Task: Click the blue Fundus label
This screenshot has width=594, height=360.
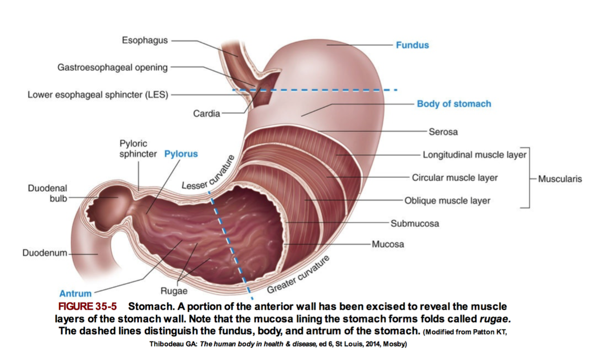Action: tap(412, 45)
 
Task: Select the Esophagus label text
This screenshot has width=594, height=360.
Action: tap(145, 41)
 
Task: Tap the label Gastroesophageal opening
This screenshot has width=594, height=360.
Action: tap(113, 68)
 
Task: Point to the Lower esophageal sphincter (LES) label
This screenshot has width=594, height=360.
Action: tap(98, 95)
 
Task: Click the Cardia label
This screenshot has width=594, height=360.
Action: tap(207, 114)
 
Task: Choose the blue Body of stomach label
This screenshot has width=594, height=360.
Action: tap(454, 104)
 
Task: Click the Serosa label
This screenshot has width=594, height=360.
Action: tap(443, 132)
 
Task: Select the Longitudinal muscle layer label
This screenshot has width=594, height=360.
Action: tap(475, 155)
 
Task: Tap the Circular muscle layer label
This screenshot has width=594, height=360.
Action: tap(455, 178)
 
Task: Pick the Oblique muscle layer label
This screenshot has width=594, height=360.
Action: tap(447, 200)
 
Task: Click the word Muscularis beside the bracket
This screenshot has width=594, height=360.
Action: tap(560, 179)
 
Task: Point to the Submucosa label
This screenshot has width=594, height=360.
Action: tap(415, 223)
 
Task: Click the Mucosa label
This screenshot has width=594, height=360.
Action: tap(388, 244)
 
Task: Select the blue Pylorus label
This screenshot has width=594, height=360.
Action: tap(181, 154)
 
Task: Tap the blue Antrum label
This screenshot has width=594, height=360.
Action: tap(75, 294)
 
